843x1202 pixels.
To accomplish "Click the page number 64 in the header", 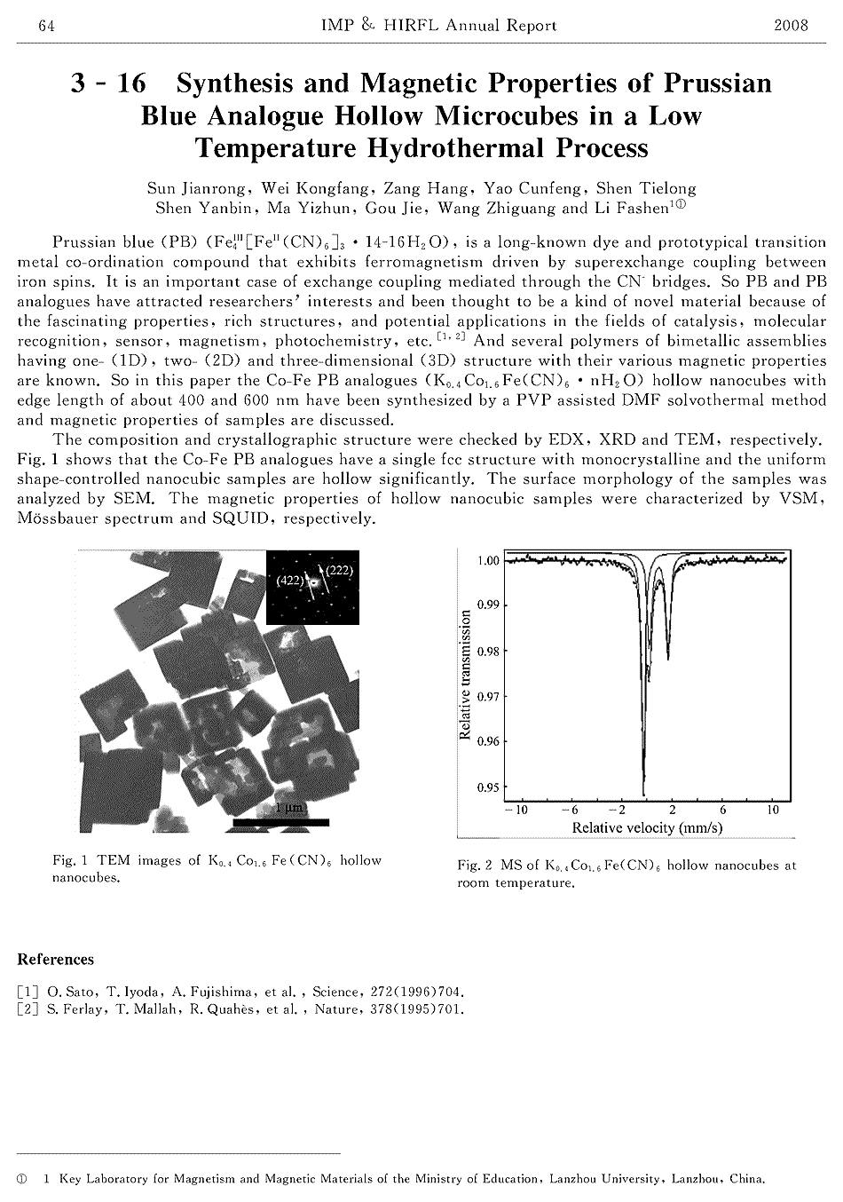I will pyautogui.click(x=23, y=26).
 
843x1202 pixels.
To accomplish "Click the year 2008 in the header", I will pyautogui.click(x=791, y=26).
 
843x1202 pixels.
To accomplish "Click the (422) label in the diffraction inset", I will pyautogui.click(x=289, y=580).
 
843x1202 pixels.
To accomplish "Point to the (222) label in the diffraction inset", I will pyautogui.click(x=340, y=571).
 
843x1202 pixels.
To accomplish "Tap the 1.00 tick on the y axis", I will pyautogui.click(x=488, y=561).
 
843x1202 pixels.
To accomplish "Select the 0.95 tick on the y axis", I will pyautogui.click(x=488, y=787).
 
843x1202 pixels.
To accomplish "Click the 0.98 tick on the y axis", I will pyautogui.click(x=488, y=652).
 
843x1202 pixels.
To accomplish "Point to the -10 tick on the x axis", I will pyautogui.click(x=516, y=810).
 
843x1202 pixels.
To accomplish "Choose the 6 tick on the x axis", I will pyautogui.click(x=723, y=810).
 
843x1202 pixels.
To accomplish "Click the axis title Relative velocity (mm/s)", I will pyautogui.click(x=647, y=827).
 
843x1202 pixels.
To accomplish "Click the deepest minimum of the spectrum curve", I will pyautogui.click(x=643, y=793).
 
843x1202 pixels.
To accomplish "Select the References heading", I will pyautogui.click(x=56, y=960).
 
